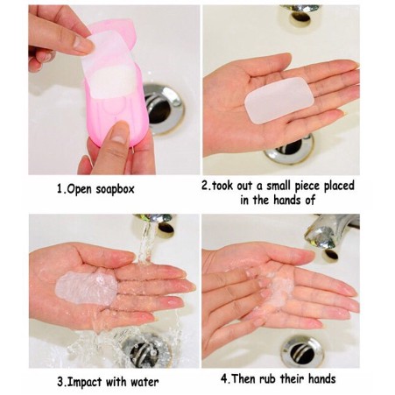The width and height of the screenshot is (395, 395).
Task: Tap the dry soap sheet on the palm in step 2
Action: pos(277,99)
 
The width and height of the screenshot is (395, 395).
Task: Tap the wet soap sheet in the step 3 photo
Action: pos(86,287)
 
